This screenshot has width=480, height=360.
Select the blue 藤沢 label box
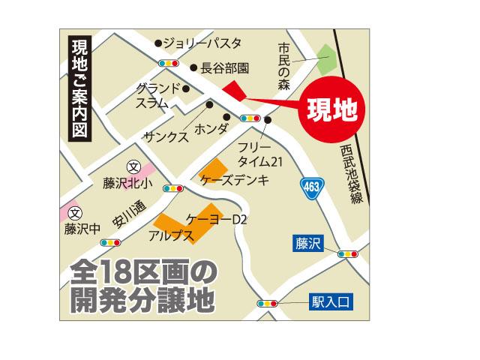coord(308,243)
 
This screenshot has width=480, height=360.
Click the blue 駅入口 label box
coord(331,304)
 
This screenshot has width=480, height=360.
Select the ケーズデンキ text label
coord(235,181)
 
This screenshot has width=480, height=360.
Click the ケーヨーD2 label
coord(217,220)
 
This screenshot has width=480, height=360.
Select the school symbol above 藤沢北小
coord(133,166)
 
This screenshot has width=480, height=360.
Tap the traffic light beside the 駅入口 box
coord(267,304)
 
